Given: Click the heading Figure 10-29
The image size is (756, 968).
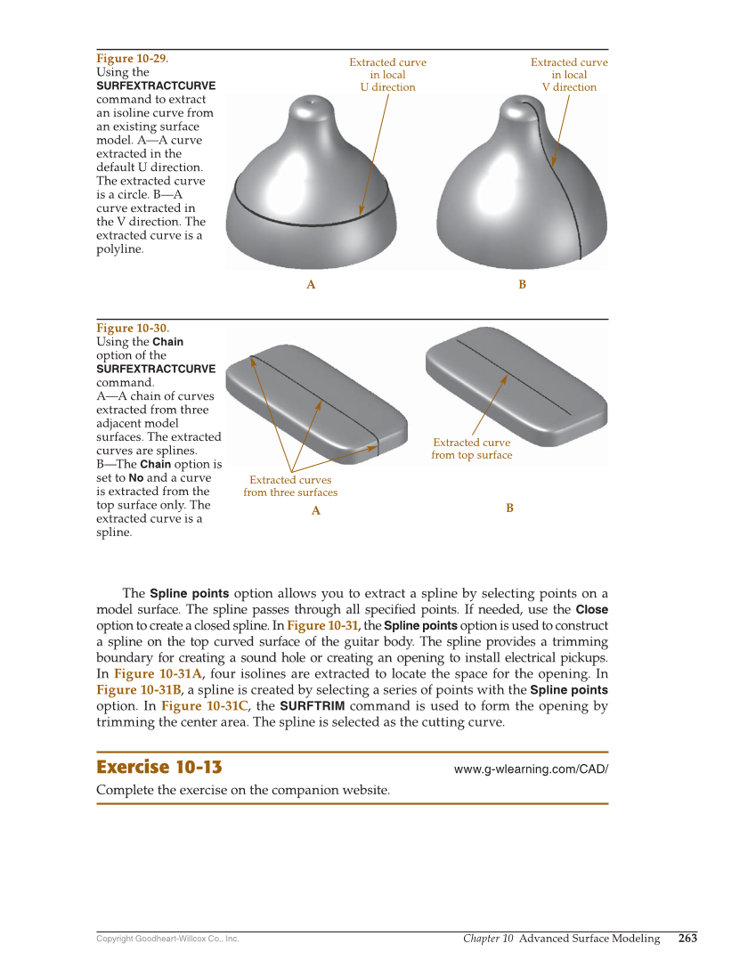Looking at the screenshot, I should [132, 59].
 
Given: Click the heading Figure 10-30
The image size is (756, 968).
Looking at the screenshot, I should [132, 329].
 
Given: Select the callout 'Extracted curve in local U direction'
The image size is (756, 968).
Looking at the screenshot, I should [387, 75].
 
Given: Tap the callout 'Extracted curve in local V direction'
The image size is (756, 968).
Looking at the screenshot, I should [569, 75].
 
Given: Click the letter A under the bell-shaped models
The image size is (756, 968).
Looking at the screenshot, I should [311, 285].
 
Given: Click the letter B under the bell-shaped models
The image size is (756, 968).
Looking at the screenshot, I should [522, 285].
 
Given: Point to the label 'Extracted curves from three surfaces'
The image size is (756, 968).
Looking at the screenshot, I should [290, 486].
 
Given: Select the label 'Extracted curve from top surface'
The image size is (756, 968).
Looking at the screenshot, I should [471, 449].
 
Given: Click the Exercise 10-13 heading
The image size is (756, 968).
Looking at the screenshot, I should [159, 768].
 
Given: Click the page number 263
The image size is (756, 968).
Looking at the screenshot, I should [687, 939].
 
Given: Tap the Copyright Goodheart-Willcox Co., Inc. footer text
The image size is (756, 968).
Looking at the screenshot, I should [167, 939].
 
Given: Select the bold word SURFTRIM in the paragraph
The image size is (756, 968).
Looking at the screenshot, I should [312, 706].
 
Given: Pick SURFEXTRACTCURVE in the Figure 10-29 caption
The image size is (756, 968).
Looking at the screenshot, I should [156, 85].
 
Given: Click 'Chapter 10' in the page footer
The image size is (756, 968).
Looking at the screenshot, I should [488, 939].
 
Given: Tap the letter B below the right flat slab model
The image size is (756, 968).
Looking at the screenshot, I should [509, 508].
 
